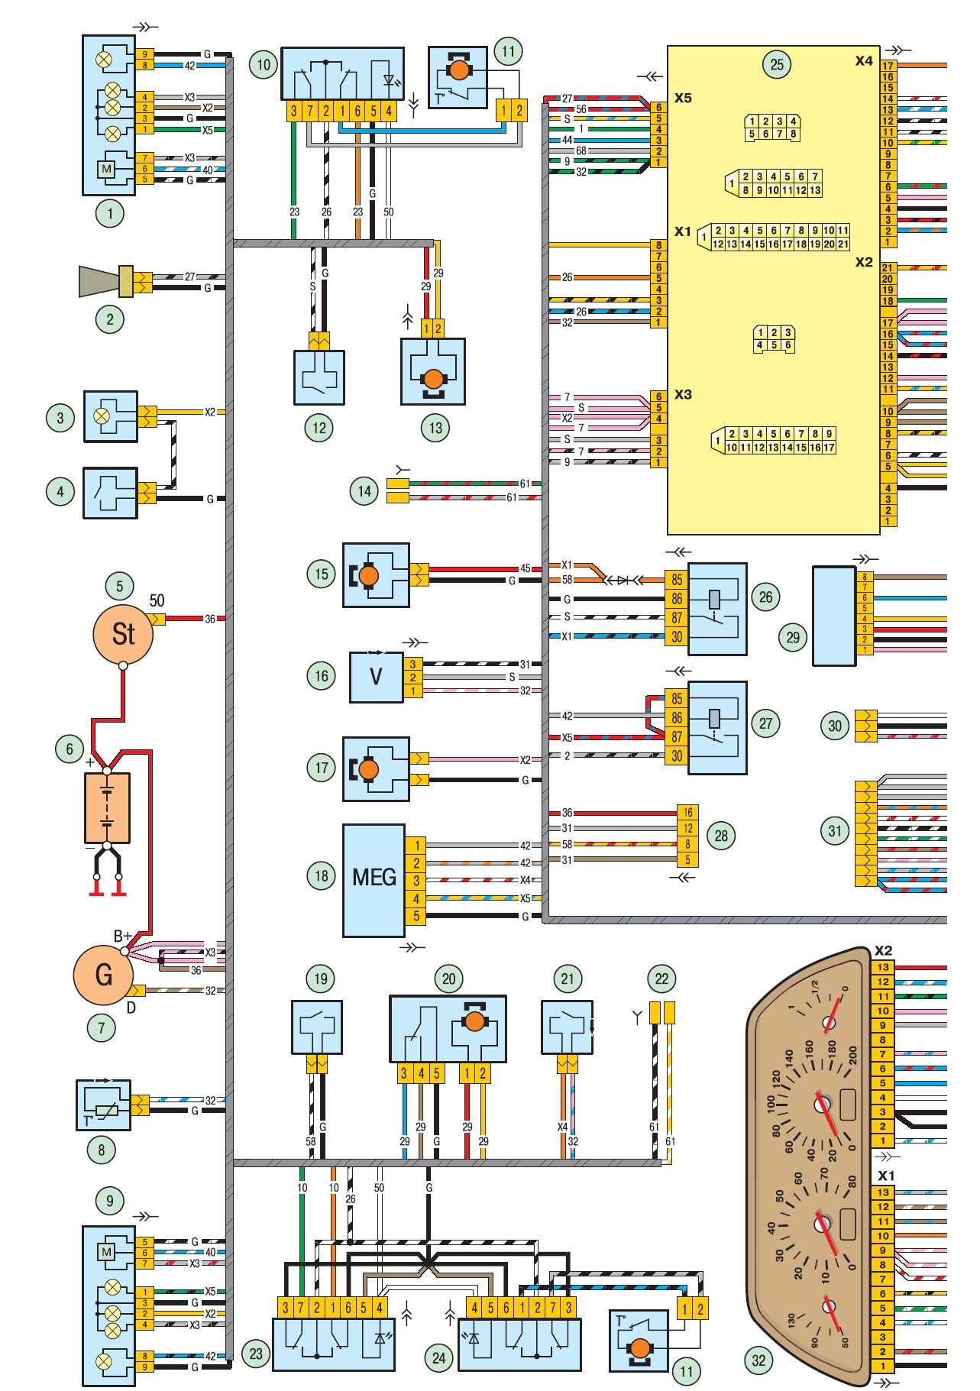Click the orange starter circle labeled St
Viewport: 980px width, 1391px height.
pos(123,634)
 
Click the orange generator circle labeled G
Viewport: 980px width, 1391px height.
pos(103,975)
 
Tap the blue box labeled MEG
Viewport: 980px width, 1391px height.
pos(374,880)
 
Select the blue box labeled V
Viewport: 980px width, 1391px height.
pos(376,677)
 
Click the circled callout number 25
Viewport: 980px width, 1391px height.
pos(777,64)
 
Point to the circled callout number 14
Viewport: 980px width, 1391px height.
pos(365,491)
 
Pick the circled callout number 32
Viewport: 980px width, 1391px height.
pos(758,1360)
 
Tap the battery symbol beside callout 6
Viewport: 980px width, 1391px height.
pos(107,807)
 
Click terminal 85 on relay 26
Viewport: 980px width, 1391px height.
pos(677,580)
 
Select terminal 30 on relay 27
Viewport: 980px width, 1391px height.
pos(677,755)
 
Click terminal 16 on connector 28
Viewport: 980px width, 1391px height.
pos(687,813)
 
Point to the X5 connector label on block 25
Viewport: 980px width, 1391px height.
pos(683,98)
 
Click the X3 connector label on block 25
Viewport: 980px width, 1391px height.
pos(683,394)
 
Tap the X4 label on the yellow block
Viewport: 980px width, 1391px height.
pos(864,60)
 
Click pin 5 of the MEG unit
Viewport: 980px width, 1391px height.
pos(416,916)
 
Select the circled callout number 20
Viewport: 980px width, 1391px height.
pos(448,979)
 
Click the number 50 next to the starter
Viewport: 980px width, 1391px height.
pos(157,600)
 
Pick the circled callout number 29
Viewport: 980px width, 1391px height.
pos(793,637)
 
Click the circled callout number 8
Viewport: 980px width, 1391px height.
pos(102,1150)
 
